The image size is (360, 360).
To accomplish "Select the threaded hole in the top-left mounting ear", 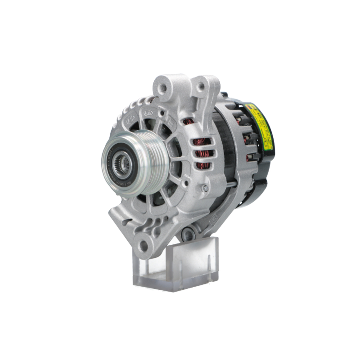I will coord(162,86).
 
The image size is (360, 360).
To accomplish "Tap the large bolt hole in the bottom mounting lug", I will coord(144,246).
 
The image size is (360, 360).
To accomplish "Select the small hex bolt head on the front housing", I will coord(205,188).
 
